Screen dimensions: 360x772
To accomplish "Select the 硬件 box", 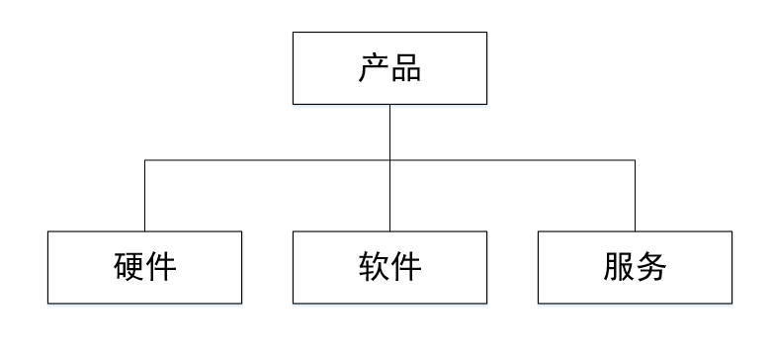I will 144,267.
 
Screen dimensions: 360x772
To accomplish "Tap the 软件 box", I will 389,267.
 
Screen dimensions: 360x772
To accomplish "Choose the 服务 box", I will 635,267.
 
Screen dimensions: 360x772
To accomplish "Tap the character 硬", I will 128,268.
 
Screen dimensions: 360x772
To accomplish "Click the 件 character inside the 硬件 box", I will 161,268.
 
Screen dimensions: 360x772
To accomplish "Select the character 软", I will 373,268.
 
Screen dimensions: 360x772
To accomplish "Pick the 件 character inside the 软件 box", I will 406,268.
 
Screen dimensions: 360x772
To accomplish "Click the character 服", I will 618,268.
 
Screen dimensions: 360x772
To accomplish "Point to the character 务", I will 651,268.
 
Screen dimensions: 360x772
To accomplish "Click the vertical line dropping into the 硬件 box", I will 145,196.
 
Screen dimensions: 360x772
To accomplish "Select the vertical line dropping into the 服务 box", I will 635,196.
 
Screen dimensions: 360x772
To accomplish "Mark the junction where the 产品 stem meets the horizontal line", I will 389,159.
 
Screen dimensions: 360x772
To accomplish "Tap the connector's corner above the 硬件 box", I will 145,159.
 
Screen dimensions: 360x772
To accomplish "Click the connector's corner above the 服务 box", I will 635,159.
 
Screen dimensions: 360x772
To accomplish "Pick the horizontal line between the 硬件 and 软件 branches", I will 267,159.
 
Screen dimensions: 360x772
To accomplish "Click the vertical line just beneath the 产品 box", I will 389,129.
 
